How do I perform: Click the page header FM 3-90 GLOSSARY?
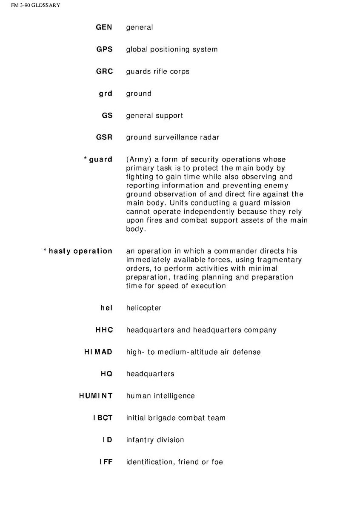pos(30,5)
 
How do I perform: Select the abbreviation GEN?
pos(104,27)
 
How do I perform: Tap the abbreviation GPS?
pos(104,49)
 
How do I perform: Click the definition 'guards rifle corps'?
pos(157,71)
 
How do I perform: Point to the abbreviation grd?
pos(106,94)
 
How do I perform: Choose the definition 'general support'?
pos(154,116)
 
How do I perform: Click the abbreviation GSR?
pos(104,137)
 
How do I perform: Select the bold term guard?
pos(101,159)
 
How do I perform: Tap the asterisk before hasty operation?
pos(45,250)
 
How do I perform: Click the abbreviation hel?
pos(106,308)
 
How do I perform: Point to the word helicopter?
pos(144,308)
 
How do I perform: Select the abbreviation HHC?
pos(104,330)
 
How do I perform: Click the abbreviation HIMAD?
pos(98,352)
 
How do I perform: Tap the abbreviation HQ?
pos(106,374)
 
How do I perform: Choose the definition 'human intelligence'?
pos(160,396)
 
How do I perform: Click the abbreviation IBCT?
pos(103,418)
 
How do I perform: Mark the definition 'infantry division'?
pos(155,440)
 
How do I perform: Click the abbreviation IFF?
pos(106,462)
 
